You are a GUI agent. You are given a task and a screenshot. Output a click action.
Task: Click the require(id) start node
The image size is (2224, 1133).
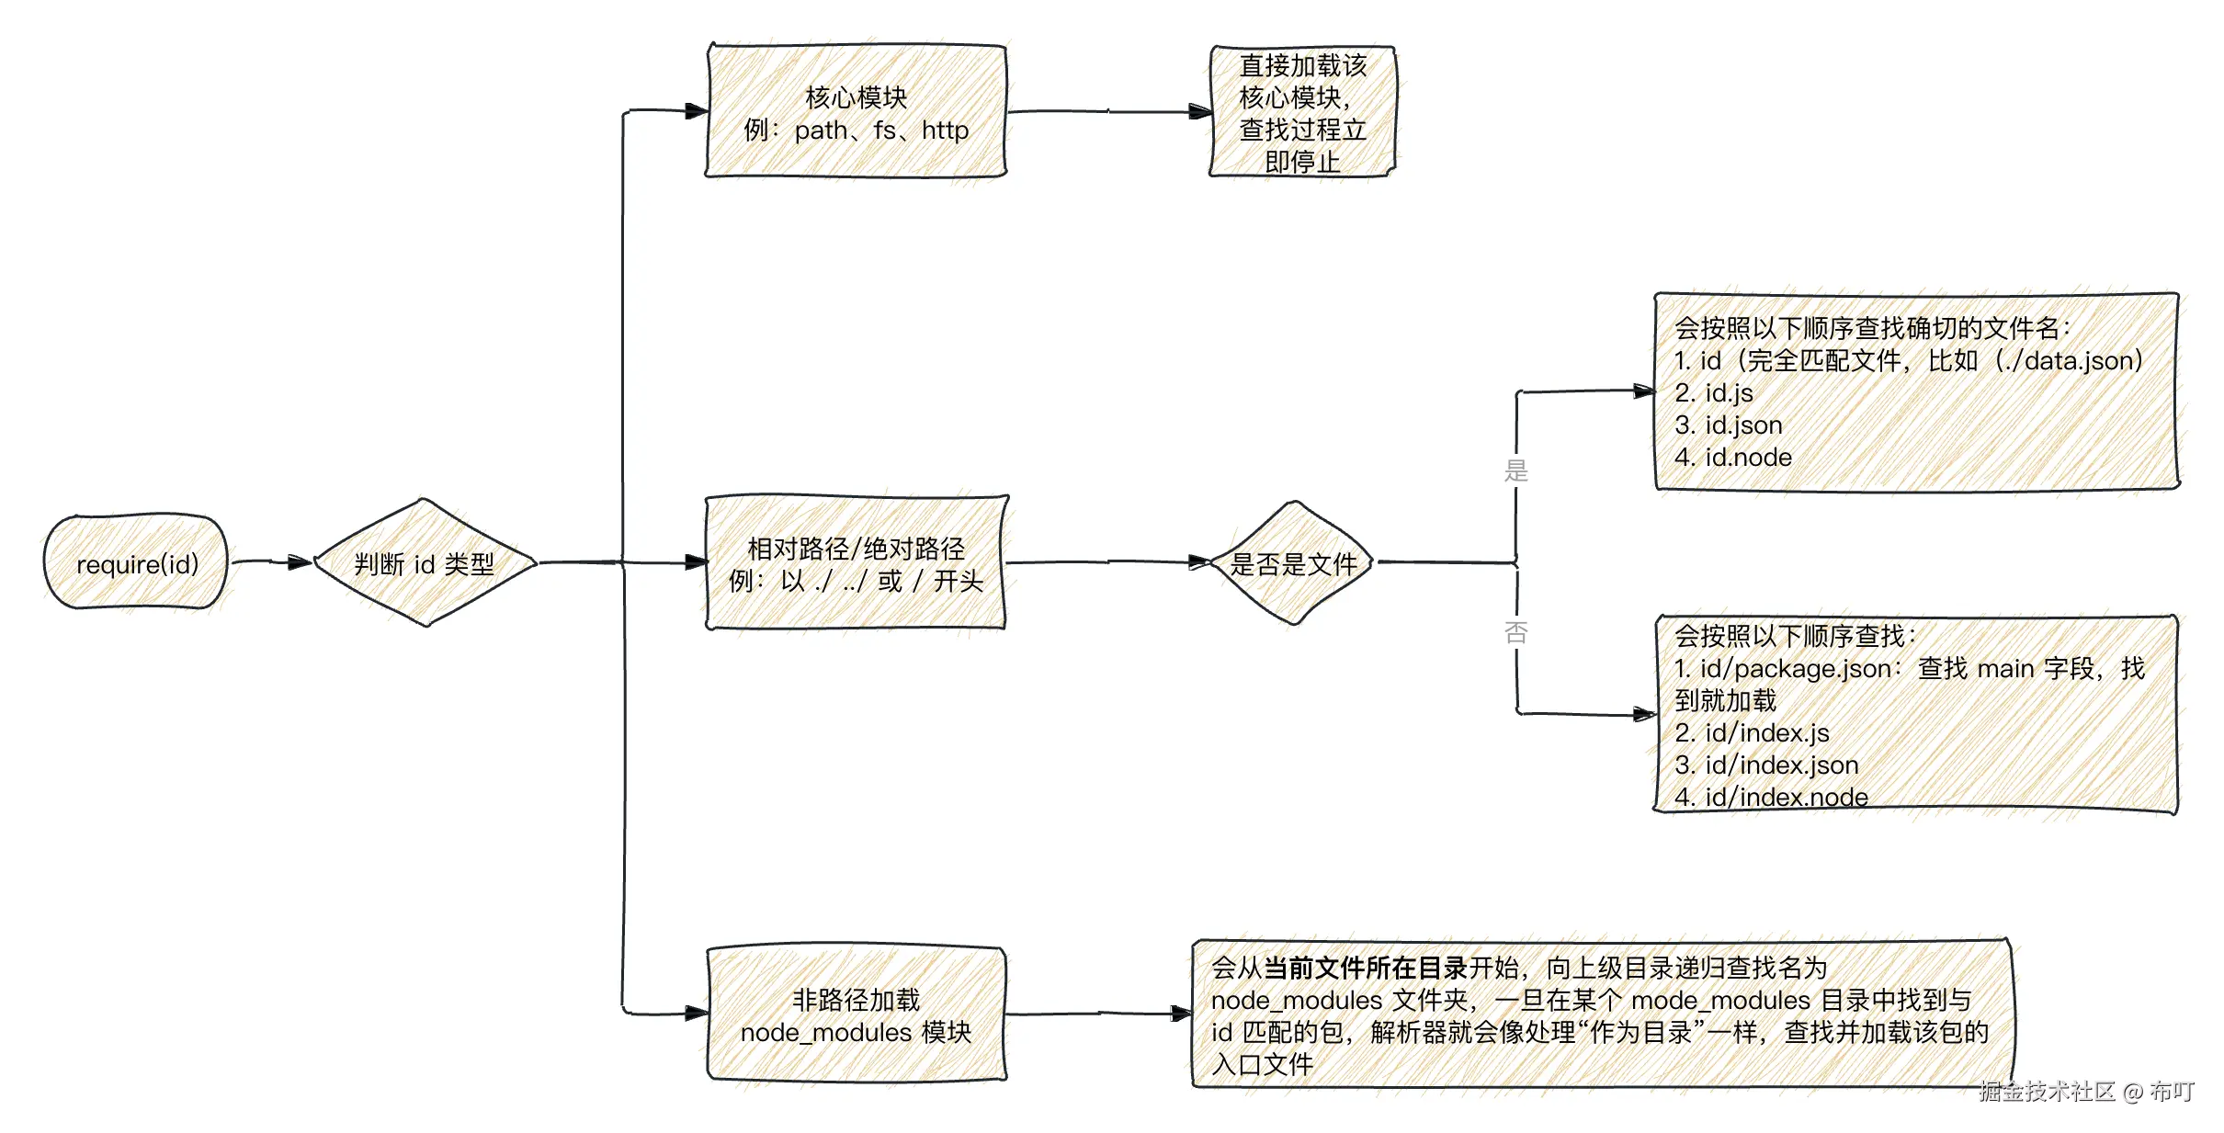click(x=136, y=562)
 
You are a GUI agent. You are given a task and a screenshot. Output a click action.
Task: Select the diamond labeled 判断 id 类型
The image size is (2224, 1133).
click(x=425, y=563)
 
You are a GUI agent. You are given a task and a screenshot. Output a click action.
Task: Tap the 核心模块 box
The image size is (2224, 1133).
click(x=856, y=111)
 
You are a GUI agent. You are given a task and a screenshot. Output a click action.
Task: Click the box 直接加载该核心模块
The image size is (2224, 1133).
click(x=1301, y=112)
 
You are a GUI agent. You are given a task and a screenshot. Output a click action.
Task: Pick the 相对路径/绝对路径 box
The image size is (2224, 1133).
click(x=856, y=563)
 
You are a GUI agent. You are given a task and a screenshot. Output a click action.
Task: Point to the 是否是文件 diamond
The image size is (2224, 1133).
click(x=1293, y=563)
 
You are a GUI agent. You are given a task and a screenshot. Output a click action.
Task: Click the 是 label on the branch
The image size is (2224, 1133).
click(x=1515, y=470)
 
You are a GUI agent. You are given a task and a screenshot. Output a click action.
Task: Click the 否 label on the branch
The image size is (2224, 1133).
click(x=1515, y=632)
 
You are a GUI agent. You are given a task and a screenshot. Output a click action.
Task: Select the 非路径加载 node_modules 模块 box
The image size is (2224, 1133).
click(x=856, y=1014)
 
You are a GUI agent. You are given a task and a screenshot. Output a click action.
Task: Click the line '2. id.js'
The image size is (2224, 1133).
click(x=1713, y=393)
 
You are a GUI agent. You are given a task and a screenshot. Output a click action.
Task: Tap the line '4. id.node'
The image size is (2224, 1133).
click(x=1732, y=458)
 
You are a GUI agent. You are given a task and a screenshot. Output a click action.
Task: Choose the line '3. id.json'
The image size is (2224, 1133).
click(x=1728, y=425)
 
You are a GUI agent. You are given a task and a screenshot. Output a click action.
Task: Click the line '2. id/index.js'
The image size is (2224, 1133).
click(x=1751, y=733)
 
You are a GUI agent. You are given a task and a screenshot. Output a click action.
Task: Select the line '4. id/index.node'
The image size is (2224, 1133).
click(x=1770, y=797)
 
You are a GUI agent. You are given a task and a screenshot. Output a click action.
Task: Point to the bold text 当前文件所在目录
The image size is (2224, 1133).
click(x=1365, y=968)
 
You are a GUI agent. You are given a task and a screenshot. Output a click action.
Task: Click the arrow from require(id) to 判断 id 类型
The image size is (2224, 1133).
click(x=271, y=561)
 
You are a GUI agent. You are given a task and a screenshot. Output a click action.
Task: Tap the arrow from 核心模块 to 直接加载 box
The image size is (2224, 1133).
click(x=1108, y=112)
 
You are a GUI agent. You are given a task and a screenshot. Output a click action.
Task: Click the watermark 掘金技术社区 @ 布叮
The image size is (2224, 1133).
click(x=2086, y=1091)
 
